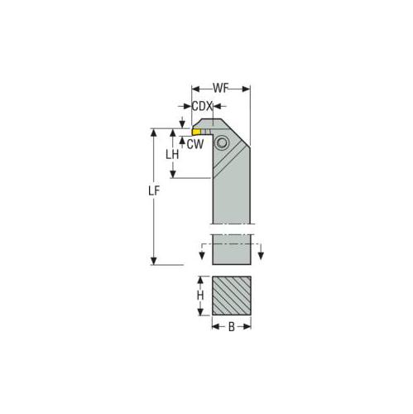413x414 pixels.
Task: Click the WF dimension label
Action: [x=221, y=87]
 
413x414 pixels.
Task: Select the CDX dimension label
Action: [x=202, y=106]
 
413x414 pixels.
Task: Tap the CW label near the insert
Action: [x=194, y=145]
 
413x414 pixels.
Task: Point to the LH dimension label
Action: [x=172, y=155]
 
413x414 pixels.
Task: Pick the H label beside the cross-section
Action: [x=199, y=296]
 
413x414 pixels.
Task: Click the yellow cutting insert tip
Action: [x=197, y=131]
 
